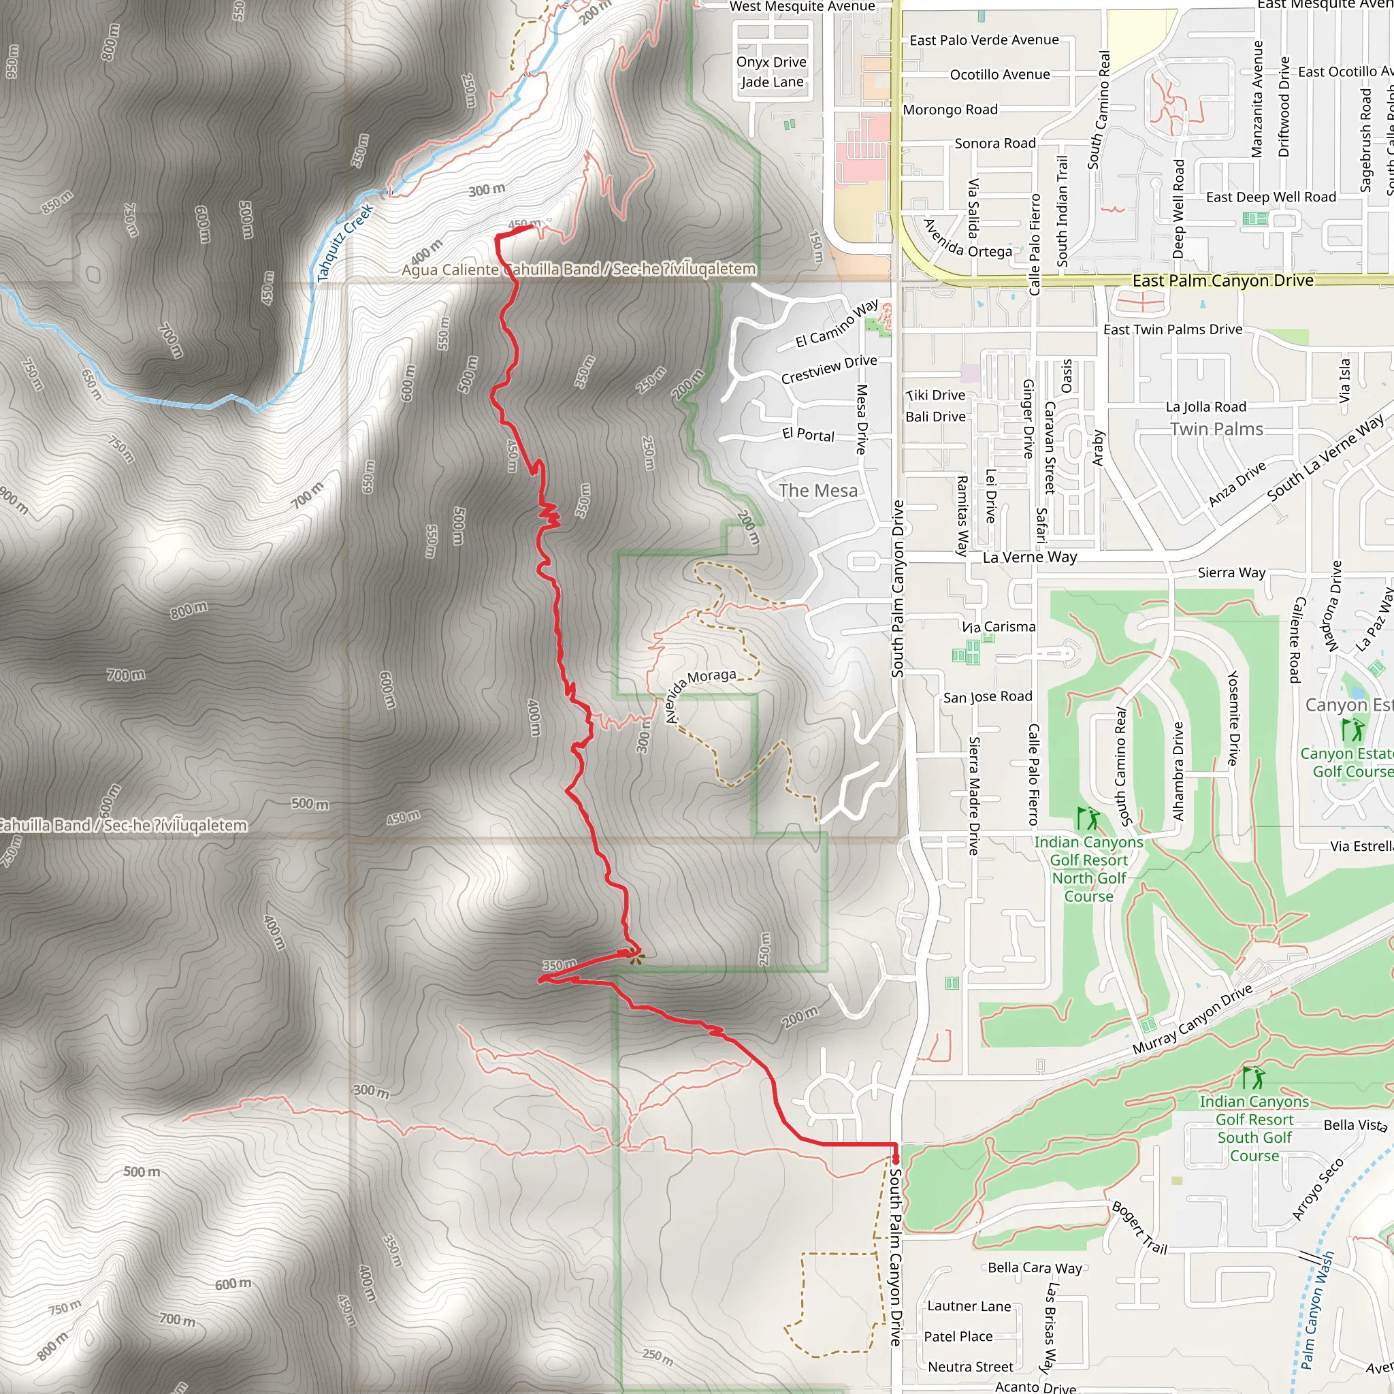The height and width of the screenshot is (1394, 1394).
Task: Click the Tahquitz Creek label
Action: pos(346,242)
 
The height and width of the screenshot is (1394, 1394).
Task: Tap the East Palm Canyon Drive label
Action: pos(1222,280)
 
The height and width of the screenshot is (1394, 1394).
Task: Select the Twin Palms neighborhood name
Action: pos(1216,429)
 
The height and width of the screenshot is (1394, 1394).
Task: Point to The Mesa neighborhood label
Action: pos(817,491)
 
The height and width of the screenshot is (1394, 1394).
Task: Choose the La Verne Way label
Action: pos(1030,557)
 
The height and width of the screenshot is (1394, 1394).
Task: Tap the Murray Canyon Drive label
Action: pos(1192,1020)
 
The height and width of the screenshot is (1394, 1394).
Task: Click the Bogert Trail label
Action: pos(1139,1227)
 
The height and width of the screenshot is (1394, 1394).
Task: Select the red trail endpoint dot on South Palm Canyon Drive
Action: pos(896,1159)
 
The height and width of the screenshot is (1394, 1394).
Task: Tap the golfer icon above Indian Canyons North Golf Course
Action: pos(1088,819)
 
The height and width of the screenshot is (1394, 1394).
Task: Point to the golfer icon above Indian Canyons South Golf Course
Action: pos(1254,1078)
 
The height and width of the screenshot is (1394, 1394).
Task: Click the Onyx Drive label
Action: pos(771,62)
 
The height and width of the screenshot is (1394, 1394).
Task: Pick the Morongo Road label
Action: pos(950,110)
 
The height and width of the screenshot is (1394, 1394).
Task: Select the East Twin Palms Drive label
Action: pos(1173,329)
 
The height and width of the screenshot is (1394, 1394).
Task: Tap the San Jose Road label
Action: pos(987,697)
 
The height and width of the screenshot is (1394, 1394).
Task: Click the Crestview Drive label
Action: pos(829,370)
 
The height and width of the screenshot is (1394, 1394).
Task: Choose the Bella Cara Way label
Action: pos(1035,1267)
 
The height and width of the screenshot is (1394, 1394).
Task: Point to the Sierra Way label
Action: pos(1231,573)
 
